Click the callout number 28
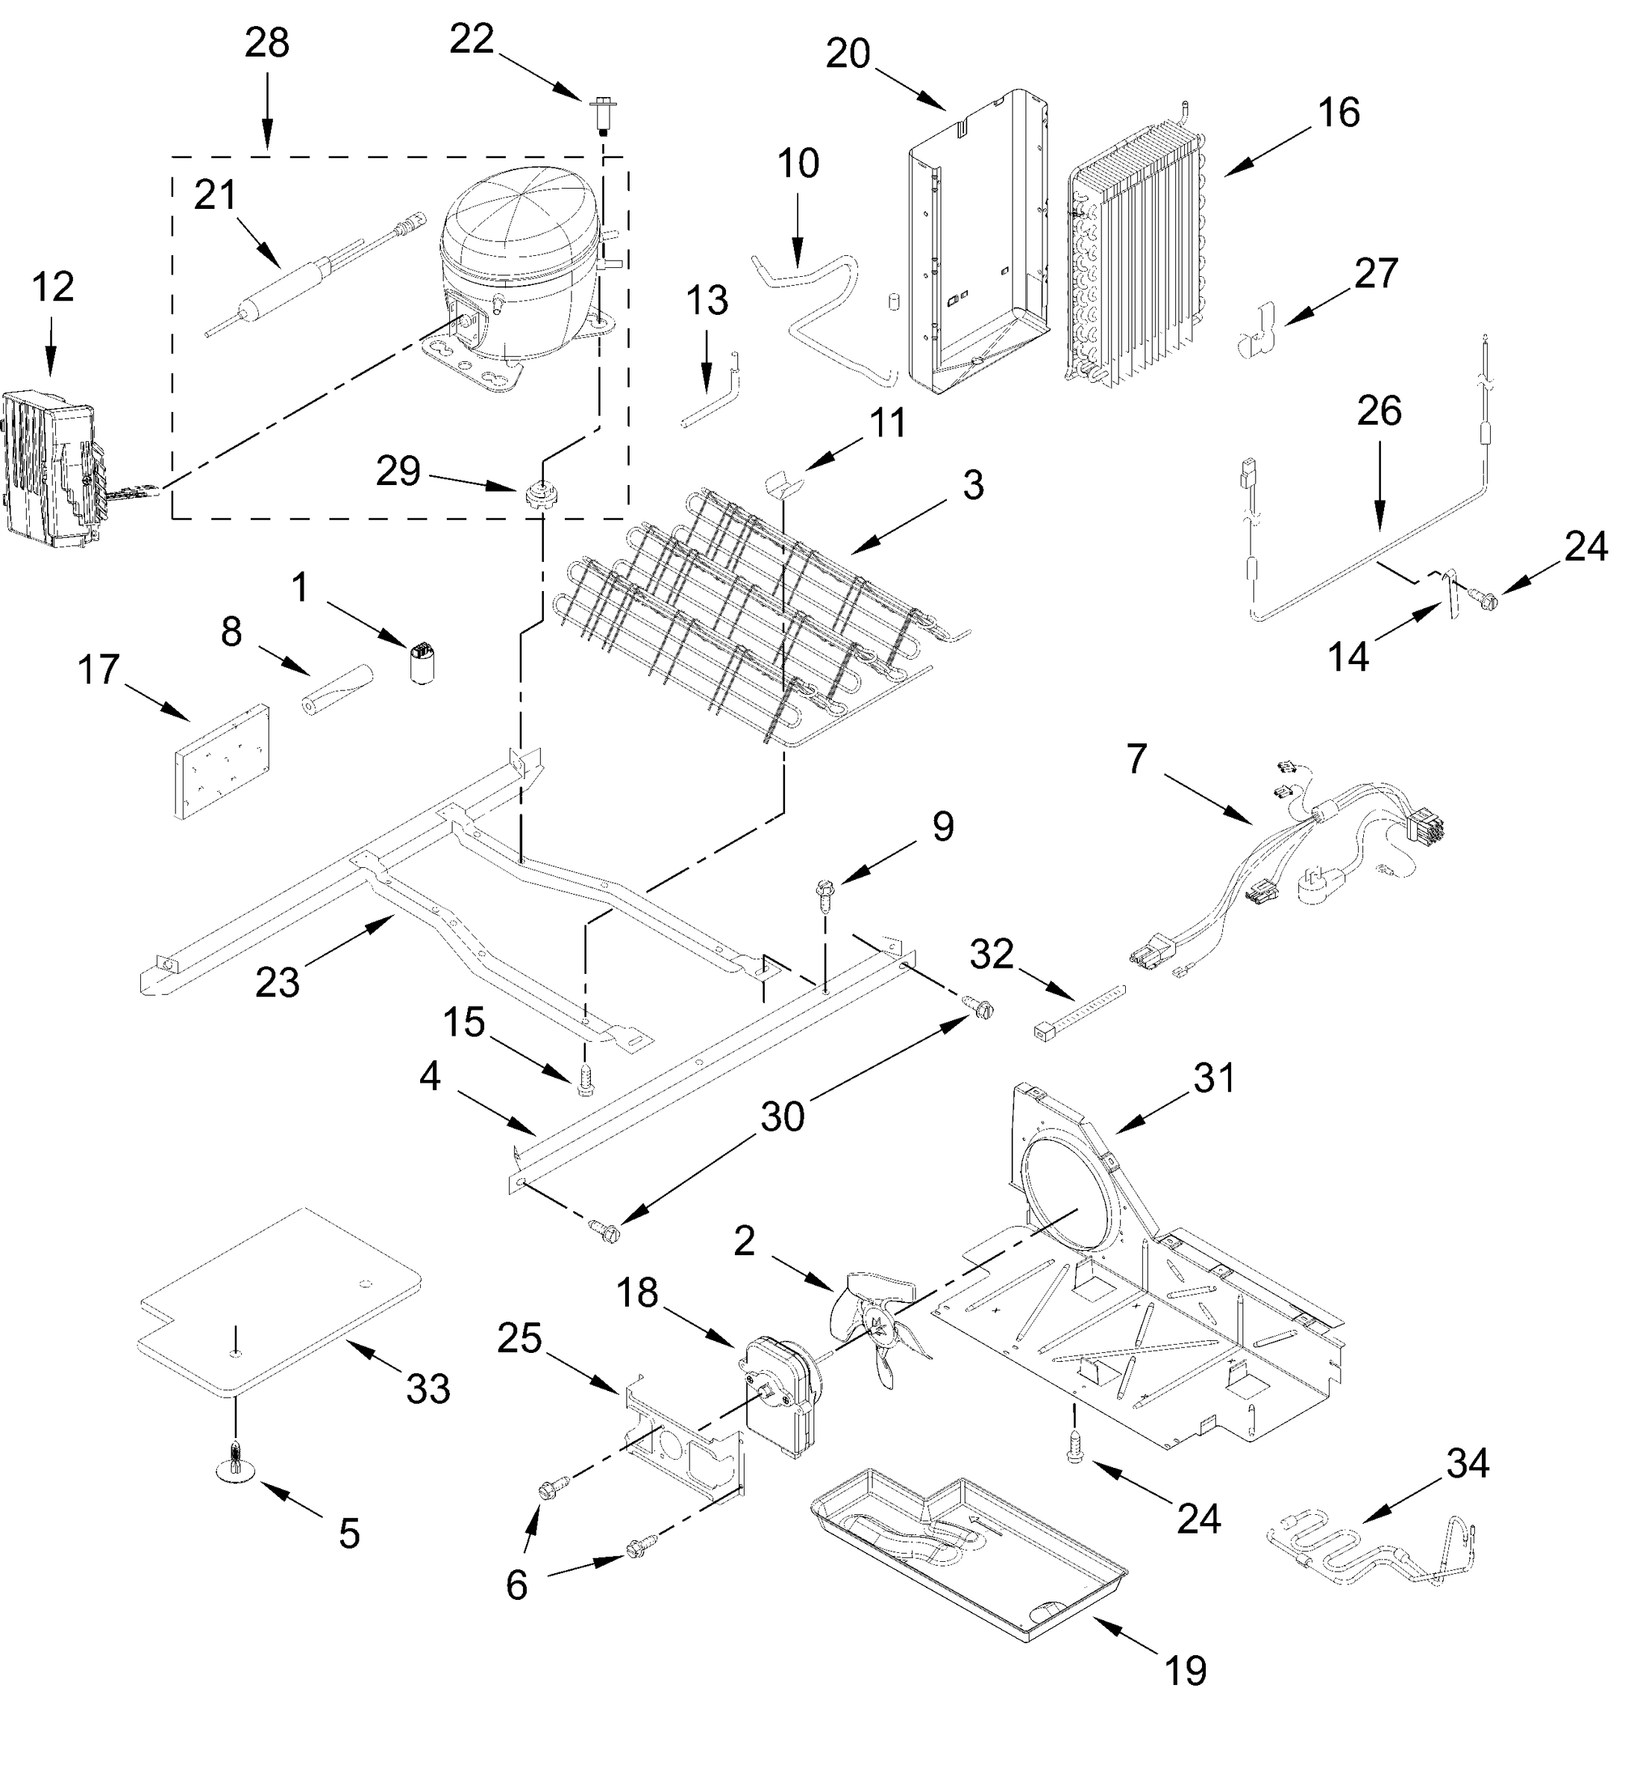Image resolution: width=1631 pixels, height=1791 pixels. click(266, 43)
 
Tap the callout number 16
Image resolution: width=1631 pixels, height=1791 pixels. click(1338, 113)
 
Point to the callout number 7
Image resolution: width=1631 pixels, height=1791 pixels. click(1137, 760)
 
